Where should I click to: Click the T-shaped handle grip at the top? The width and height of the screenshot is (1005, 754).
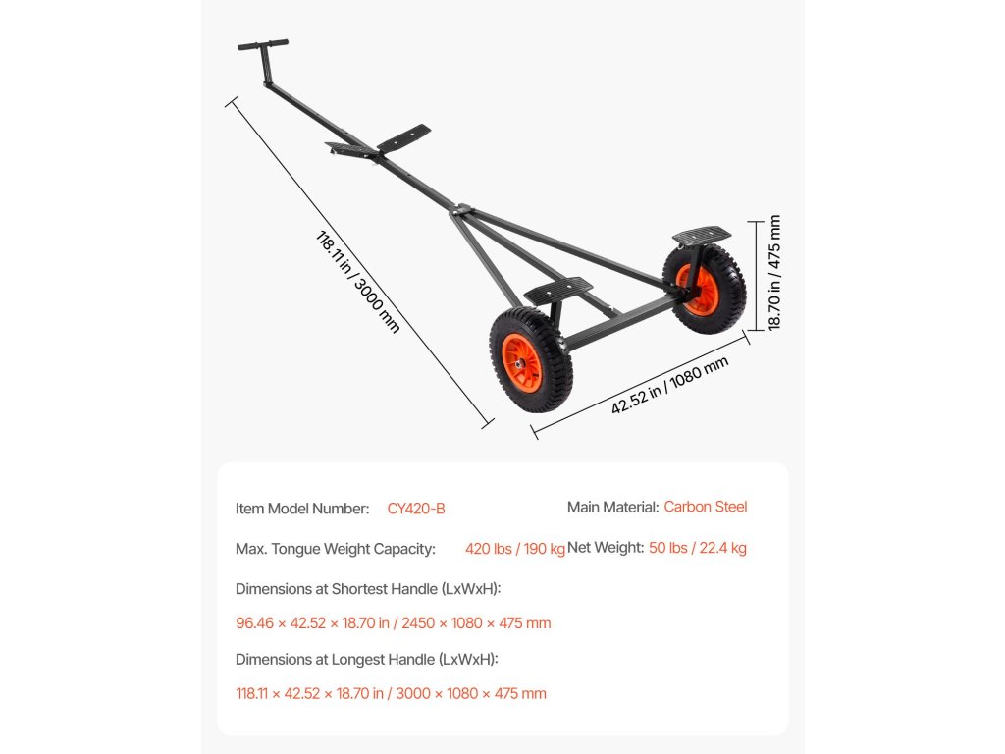pos(263,45)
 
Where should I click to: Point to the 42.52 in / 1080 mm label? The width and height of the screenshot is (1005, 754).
pos(669,385)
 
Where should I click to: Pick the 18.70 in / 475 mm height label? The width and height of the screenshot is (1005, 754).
pos(774,273)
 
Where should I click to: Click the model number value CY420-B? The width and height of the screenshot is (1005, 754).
pos(416,509)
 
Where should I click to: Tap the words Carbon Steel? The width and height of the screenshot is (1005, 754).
pos(705,507)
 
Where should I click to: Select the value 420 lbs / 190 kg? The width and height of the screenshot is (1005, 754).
pos(515,549)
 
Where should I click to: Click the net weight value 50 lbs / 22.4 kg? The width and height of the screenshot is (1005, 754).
pos(697,548)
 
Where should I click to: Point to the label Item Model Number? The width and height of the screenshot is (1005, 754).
pos(302,509)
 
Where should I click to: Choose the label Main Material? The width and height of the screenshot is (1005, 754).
pos(612,507)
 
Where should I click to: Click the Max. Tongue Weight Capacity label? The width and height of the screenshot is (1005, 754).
pos(335,549)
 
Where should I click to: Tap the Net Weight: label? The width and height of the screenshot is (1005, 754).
pos(605,548)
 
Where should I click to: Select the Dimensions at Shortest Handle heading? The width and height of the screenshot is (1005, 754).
pos(368,589)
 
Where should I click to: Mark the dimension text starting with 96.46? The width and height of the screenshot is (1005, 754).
pos(393,623)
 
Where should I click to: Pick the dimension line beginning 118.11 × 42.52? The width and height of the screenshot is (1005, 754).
pos(391,693)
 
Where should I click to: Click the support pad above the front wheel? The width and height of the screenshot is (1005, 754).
pos(557,290)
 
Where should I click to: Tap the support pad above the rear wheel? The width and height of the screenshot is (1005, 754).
pos(702,235)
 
